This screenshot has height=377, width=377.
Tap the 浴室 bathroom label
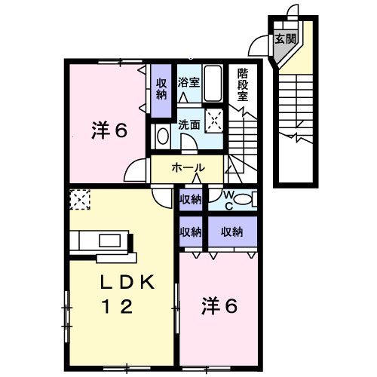188,82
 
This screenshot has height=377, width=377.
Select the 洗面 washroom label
188,125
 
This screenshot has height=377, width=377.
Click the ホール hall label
187,167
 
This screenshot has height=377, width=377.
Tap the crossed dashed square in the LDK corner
78,199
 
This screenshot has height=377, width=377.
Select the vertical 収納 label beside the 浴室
161,89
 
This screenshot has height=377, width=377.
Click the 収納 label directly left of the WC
191,199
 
